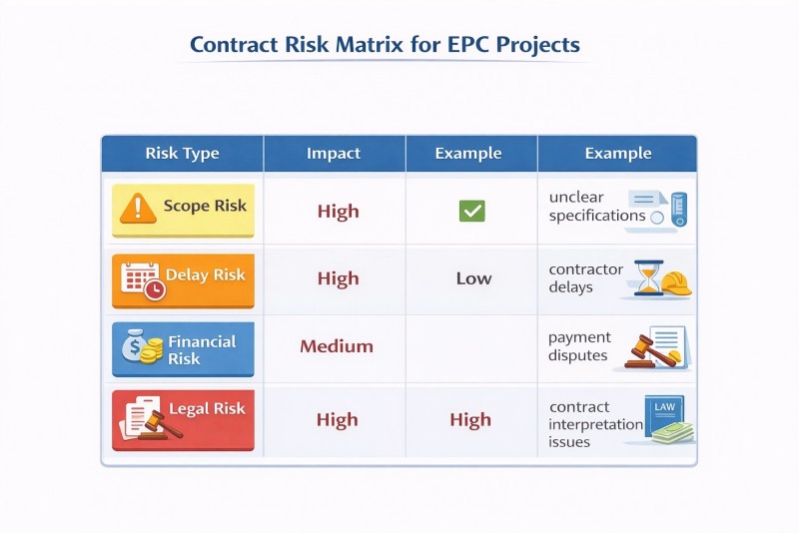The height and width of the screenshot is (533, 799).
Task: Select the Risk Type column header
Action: [182, 154]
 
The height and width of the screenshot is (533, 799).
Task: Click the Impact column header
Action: [334, 154]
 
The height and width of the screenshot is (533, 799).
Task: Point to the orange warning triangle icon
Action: [138, 209]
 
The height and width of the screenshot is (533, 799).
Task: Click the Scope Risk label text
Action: [205, 206]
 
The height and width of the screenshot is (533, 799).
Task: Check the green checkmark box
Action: [471, 211]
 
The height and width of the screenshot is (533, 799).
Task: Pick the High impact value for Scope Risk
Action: [339, 212]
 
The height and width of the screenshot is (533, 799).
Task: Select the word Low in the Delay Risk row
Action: [473, 278]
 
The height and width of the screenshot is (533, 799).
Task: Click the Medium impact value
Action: [337, 346]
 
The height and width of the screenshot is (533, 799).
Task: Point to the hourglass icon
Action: [648, 277]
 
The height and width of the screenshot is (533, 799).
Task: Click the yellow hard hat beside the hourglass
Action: [676, 283]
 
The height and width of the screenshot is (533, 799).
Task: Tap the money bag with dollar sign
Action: [134, 345]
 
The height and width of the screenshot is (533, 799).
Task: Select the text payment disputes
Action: [579, 346]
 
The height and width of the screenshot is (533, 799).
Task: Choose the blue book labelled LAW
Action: [663, 415]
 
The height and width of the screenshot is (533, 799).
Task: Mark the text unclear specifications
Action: [597, 207]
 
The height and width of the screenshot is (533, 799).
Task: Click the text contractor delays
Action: [586, 277]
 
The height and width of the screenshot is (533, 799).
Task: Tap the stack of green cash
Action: [673, 434]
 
